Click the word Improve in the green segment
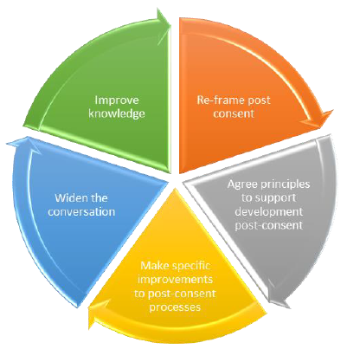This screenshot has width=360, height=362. [x=117, y=100]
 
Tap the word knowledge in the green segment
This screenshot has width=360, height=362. [x=117, y=113]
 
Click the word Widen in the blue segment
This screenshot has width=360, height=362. [x=67, y=198]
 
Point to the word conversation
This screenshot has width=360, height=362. [x=81, y=212]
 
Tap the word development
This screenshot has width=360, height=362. [x=269, y=212]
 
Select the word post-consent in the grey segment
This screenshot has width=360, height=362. [x=269, y=225]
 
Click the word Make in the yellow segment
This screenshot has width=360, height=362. [x=153, y=266]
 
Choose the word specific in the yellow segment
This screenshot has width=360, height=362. [x=190, y=266]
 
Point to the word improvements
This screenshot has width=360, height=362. [x=176, y=280]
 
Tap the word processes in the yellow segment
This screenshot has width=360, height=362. [x=175, y=307]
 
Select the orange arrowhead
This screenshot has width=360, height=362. [x=318, y=119]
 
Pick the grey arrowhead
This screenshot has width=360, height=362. [x=280, y=293]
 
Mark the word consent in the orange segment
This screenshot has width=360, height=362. [x=234, y=113]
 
